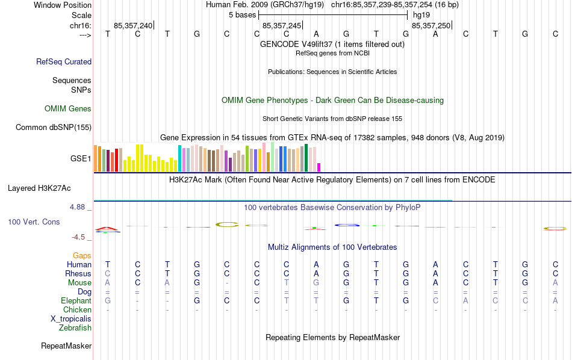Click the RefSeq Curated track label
pos(64,61)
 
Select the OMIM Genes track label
pos(68,109)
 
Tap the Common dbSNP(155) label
pos(54,127)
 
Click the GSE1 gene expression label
pos(81,159)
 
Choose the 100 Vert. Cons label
pos(34,222)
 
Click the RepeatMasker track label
pos(66,346)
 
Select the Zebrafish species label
pos(75,328)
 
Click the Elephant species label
pos(76,301)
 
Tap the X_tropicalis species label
pos(71,319)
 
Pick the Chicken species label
pos(77,310)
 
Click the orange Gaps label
pos(82,256)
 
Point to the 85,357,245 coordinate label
pos(281,26)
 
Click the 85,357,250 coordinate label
pos(431,26)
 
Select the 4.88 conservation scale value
pos(78,207)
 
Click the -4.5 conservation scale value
pos(81,237)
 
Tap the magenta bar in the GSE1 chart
pos(319,167)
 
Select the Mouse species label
pos(79,283)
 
